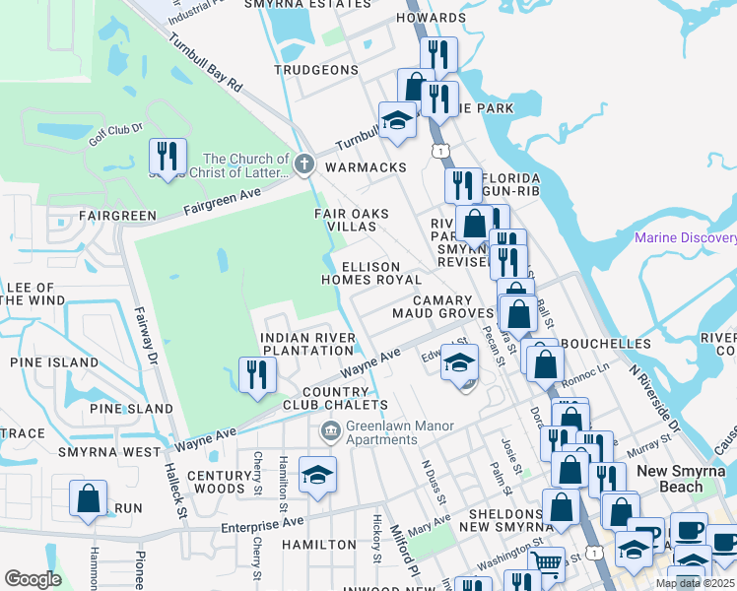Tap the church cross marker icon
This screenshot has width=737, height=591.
[x=304, y=164]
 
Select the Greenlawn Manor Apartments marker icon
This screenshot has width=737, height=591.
[x=330, y=430]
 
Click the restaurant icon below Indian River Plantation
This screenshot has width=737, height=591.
[x=257, y=375]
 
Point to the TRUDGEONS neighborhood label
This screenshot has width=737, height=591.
[x=315, y=70]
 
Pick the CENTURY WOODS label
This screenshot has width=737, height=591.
[x=216, y=482]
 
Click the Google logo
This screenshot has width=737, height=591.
[x=33, y=579]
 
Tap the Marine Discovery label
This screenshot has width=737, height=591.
[x=685, y=237]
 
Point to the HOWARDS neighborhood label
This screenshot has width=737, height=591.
[x=431, y=18]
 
